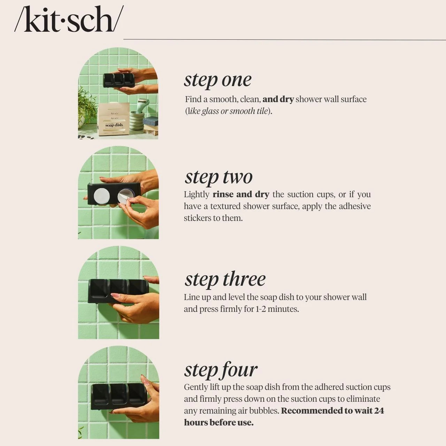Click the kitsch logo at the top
69,19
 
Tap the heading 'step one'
218,80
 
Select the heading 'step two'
218,177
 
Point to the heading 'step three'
225,279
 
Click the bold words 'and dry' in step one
278,99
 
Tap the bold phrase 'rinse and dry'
241,194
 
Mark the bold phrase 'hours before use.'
218,423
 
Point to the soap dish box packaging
114,119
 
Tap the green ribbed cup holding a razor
137,119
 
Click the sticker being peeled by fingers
123,197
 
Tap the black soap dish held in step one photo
118,80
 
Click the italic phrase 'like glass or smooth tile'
228,111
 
